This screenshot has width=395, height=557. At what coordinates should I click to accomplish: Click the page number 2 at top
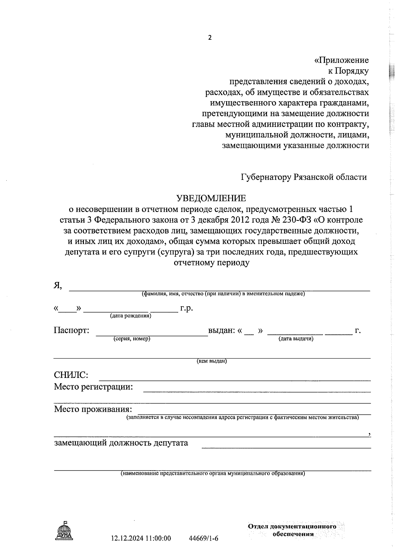tap(210, 37)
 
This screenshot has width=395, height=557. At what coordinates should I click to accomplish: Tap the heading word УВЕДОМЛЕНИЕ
tap(211, 198)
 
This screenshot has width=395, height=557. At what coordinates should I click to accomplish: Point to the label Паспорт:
tap(71, 330)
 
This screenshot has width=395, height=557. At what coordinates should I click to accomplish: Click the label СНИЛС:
tap(71, 375)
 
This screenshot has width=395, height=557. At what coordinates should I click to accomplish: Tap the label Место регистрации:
tap(93, 386)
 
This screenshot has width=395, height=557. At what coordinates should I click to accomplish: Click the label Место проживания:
tap(93, 409)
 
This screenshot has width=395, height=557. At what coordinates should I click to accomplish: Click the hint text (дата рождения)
tap(130, 316)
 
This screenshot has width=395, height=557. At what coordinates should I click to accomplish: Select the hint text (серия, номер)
tap(132, 339)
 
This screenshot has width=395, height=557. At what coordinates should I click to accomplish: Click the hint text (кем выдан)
tap(212, 361)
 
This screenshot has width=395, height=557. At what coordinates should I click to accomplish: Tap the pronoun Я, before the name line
tap(58, 286)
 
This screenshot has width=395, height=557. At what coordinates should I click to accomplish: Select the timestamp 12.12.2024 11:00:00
tap(141, 538)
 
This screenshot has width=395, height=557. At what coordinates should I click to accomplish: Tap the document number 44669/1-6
tap(204, 538)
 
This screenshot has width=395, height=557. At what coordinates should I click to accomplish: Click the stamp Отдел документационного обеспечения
tap(292, 530)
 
